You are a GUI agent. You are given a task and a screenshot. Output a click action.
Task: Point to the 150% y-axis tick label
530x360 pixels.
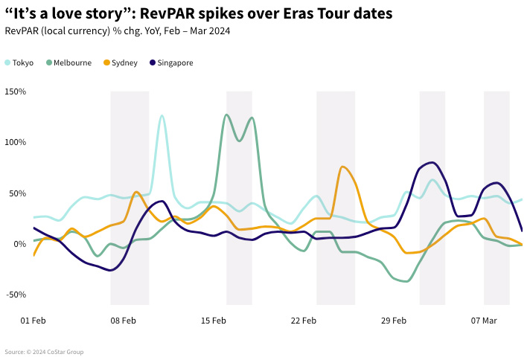click(15, 91)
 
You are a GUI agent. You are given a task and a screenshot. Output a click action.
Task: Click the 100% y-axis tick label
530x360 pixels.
click(15, 142)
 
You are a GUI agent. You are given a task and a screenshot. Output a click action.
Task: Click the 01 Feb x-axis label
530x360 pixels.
click(33, 321)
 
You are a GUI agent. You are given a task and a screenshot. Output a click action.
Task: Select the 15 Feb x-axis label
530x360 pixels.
click(214, 321)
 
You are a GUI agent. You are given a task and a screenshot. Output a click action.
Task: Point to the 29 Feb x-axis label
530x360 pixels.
click(394, 321)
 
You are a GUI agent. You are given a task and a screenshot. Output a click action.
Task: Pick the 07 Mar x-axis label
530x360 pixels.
click(484, 321)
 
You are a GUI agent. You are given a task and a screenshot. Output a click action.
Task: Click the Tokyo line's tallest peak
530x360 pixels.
click(162, 116)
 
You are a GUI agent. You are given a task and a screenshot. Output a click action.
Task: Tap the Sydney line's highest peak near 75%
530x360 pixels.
click(342, 167)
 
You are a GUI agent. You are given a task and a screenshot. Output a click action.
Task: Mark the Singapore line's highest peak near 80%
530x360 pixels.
click(432, 162)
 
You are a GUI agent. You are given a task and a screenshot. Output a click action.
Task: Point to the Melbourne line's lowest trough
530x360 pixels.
click(405, 281)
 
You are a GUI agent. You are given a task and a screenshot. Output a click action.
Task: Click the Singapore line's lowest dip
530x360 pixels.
click(111, 270)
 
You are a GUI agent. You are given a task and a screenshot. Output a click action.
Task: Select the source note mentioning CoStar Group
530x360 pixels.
click(44, 352)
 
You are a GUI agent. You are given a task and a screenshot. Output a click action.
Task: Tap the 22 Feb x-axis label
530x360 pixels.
click(304, 321)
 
